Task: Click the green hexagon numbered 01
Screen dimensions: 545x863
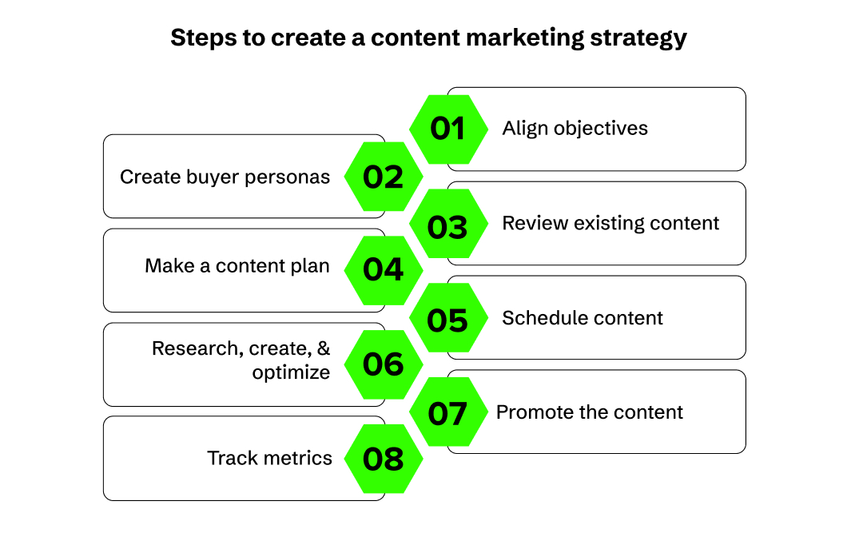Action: point(447,129)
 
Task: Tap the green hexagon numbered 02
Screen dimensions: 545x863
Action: point(384,177)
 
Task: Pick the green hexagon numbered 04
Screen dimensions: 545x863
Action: point(384,270)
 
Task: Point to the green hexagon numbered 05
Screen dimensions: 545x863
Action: point(447,318)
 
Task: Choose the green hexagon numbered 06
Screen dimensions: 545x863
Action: point(384,364)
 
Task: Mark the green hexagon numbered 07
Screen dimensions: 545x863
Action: point(447,412)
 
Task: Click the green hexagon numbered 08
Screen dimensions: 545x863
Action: point(384,459)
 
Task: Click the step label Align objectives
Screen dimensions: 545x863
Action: point(575,129)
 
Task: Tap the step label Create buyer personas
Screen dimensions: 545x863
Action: point(225,177)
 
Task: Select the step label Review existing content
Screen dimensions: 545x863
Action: point(610,223)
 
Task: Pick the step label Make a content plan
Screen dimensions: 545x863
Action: point(237,266)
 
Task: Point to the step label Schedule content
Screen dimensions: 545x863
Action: point(583,318)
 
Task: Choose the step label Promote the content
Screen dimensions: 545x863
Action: point(590,412)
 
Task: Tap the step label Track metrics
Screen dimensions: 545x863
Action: point(269,458)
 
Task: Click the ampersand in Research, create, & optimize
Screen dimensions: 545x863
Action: point(323,349)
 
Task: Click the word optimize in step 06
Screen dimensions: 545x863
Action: point(291,372)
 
